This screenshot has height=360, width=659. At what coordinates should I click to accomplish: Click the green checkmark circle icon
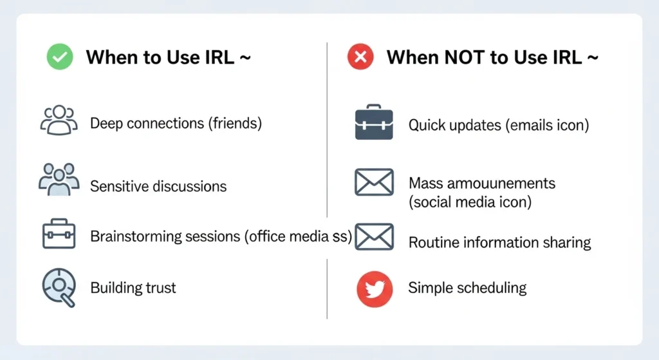click(x=60, y=57)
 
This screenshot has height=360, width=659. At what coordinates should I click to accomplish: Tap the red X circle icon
click(x=360, y=57)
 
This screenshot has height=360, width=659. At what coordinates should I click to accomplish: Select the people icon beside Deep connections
click(x=59, y=120)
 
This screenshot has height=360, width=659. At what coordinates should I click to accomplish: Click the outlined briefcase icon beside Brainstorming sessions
click(x=59, y=234)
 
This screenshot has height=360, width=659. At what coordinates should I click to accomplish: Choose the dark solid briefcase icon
click(x=373, y=123)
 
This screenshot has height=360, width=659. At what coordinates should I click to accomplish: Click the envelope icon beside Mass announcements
click(x=374, y=182)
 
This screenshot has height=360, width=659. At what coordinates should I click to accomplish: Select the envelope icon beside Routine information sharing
click(x=374, y=237)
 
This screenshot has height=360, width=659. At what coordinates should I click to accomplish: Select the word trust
click(x=161, y=287)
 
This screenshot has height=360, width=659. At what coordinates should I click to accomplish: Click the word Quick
click(x=428, y=125)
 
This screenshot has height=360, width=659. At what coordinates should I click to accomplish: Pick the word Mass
click(x=426, y=183)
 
